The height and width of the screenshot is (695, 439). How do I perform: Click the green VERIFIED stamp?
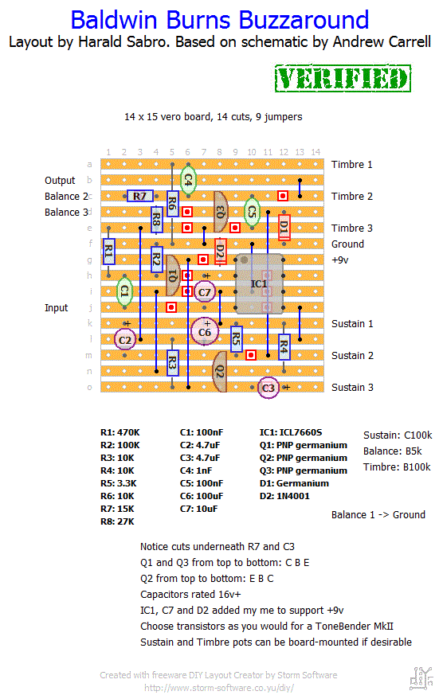tap(343, 79)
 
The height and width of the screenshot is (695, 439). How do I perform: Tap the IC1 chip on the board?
tap(260, 283)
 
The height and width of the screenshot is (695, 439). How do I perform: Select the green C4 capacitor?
tap(188, 180)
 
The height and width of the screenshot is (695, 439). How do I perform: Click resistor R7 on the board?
tap(139, 196)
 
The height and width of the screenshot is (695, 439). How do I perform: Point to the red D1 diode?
tap(284, 227)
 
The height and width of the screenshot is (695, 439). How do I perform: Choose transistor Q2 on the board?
tap(220, 372)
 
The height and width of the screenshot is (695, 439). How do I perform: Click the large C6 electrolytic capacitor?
tap(205, 331)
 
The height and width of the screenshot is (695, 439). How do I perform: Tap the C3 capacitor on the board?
tap(268, 388)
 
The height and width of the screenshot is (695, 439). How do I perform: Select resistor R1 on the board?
tap(108, 252)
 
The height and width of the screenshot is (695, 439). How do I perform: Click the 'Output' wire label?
tap(60, 181)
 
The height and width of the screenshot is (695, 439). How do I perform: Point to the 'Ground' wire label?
tap(347, 244)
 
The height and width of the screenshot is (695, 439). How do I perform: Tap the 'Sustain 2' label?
tap(352, 356)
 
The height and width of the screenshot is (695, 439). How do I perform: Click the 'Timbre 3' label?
tap(352, 228)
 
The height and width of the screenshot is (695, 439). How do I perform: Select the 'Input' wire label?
tap(57, 308)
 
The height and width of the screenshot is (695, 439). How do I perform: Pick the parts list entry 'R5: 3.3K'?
tap(119, 483)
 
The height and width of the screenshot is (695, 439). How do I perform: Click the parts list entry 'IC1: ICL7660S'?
tap(291, 432)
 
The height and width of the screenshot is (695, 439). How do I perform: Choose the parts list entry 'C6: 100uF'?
tap(202, 496)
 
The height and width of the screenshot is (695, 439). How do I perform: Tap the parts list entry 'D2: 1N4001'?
tap(284, 496)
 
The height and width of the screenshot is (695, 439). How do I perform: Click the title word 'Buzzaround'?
tap(304, 20)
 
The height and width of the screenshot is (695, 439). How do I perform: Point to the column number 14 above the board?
tap(316, 152)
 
